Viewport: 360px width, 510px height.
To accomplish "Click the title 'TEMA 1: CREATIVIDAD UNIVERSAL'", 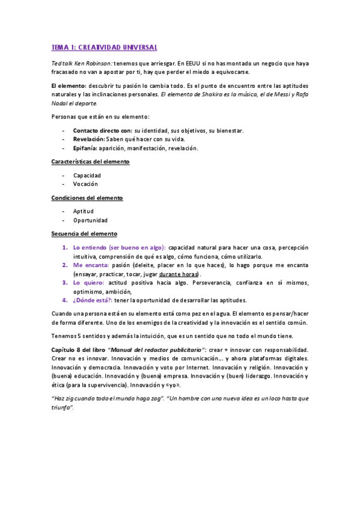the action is point(104,47).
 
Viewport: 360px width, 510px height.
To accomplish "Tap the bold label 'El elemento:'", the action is point(69,86).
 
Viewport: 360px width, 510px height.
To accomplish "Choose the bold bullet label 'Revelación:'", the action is point(89,140).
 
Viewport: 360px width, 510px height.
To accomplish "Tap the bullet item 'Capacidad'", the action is point(87,176).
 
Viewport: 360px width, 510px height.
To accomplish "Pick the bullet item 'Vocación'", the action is point(85,184).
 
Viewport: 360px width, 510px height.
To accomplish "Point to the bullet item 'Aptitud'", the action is point(84,212).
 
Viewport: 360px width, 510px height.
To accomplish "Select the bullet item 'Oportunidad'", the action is point(90,220).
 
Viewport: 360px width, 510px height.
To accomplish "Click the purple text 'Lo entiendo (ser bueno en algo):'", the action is point(119,247).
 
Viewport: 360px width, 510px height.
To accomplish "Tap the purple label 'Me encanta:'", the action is point(91,265).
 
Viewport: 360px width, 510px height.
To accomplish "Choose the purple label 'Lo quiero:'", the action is point(88,282).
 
